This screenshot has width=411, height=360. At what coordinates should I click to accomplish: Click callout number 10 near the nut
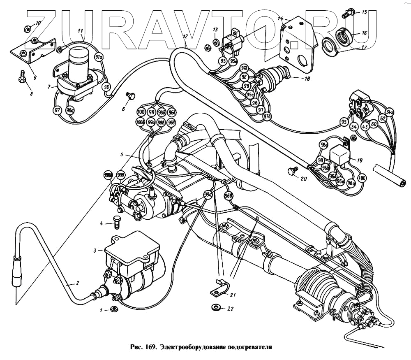[38, 23]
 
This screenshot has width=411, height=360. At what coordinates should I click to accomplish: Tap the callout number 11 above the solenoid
[81, 31]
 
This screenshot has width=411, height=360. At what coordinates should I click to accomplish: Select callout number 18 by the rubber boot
[307, 78]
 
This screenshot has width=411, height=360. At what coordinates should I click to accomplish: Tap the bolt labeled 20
[293, 170]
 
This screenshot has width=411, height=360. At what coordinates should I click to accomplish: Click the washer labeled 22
[214, 307]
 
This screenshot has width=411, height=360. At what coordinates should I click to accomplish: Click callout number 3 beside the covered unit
[95, 250]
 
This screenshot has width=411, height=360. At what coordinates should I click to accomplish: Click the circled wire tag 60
[373, 123]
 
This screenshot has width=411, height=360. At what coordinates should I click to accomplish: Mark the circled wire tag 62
[382, 119]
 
